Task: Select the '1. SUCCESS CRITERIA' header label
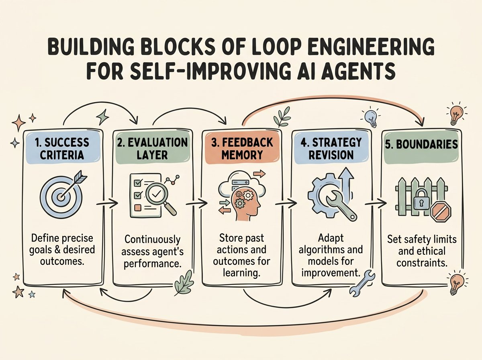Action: point(62,148)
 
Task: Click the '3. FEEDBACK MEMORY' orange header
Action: point(242,148)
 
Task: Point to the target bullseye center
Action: point(61,196)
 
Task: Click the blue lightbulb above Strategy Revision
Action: point(371,118)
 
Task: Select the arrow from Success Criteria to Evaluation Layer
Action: point(107,203)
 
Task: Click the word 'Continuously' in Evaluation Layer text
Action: point(152,239)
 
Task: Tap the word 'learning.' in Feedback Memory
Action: point(241,273)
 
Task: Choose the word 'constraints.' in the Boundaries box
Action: point(422,263)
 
